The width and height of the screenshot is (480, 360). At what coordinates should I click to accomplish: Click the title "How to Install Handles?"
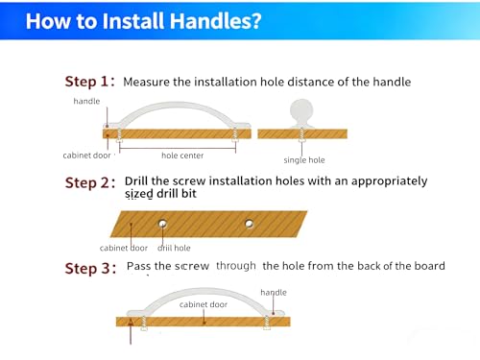[x=143, y=21]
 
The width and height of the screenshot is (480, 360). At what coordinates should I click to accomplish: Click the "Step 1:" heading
[x=89, y=82]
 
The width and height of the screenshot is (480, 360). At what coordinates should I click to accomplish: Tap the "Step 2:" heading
[x=90, y=183]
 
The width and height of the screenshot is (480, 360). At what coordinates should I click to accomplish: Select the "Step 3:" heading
[x=90, y=268]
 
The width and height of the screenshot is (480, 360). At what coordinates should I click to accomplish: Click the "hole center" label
[x=182, y=156]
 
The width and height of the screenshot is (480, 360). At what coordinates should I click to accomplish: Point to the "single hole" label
[x=304, y=160]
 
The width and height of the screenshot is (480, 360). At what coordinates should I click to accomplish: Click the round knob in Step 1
[x=301, y=113]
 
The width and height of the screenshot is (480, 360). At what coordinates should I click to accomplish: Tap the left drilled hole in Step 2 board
[x=162, y=223]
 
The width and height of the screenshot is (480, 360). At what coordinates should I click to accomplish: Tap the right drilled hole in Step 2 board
[x=249, y=224]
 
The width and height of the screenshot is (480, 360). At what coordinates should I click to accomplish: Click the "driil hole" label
[x=174, y=248]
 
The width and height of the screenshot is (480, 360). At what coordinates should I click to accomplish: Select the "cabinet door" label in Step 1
[x=86, y=156]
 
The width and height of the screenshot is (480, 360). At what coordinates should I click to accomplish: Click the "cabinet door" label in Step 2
[x=124, y=248]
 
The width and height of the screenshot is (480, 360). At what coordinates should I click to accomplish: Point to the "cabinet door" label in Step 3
[x=204, y=304]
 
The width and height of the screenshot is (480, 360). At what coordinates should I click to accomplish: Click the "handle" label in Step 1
[x=86, y=101]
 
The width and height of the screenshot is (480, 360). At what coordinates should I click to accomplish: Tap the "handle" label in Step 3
[x=274, y=293]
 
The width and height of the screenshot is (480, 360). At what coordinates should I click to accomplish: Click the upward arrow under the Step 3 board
[x=131, y=331]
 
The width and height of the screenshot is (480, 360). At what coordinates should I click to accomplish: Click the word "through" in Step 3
[x=236, y=266]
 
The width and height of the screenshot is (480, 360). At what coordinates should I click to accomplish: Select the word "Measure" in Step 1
[x=147, y=82]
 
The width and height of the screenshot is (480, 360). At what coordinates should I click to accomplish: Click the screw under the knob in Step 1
[x=301, y=134]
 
